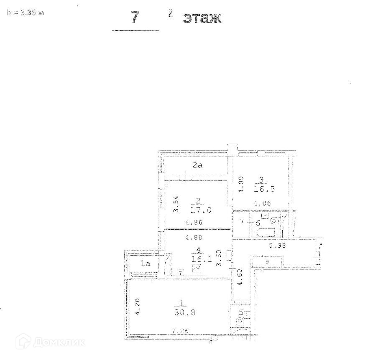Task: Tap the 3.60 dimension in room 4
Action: [217, 258]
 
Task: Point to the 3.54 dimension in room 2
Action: [176, 203]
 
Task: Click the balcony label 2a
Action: [197, 165]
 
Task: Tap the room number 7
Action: [241, 221]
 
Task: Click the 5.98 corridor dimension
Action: [277, 246]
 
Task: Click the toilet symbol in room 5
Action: [240, 322]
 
